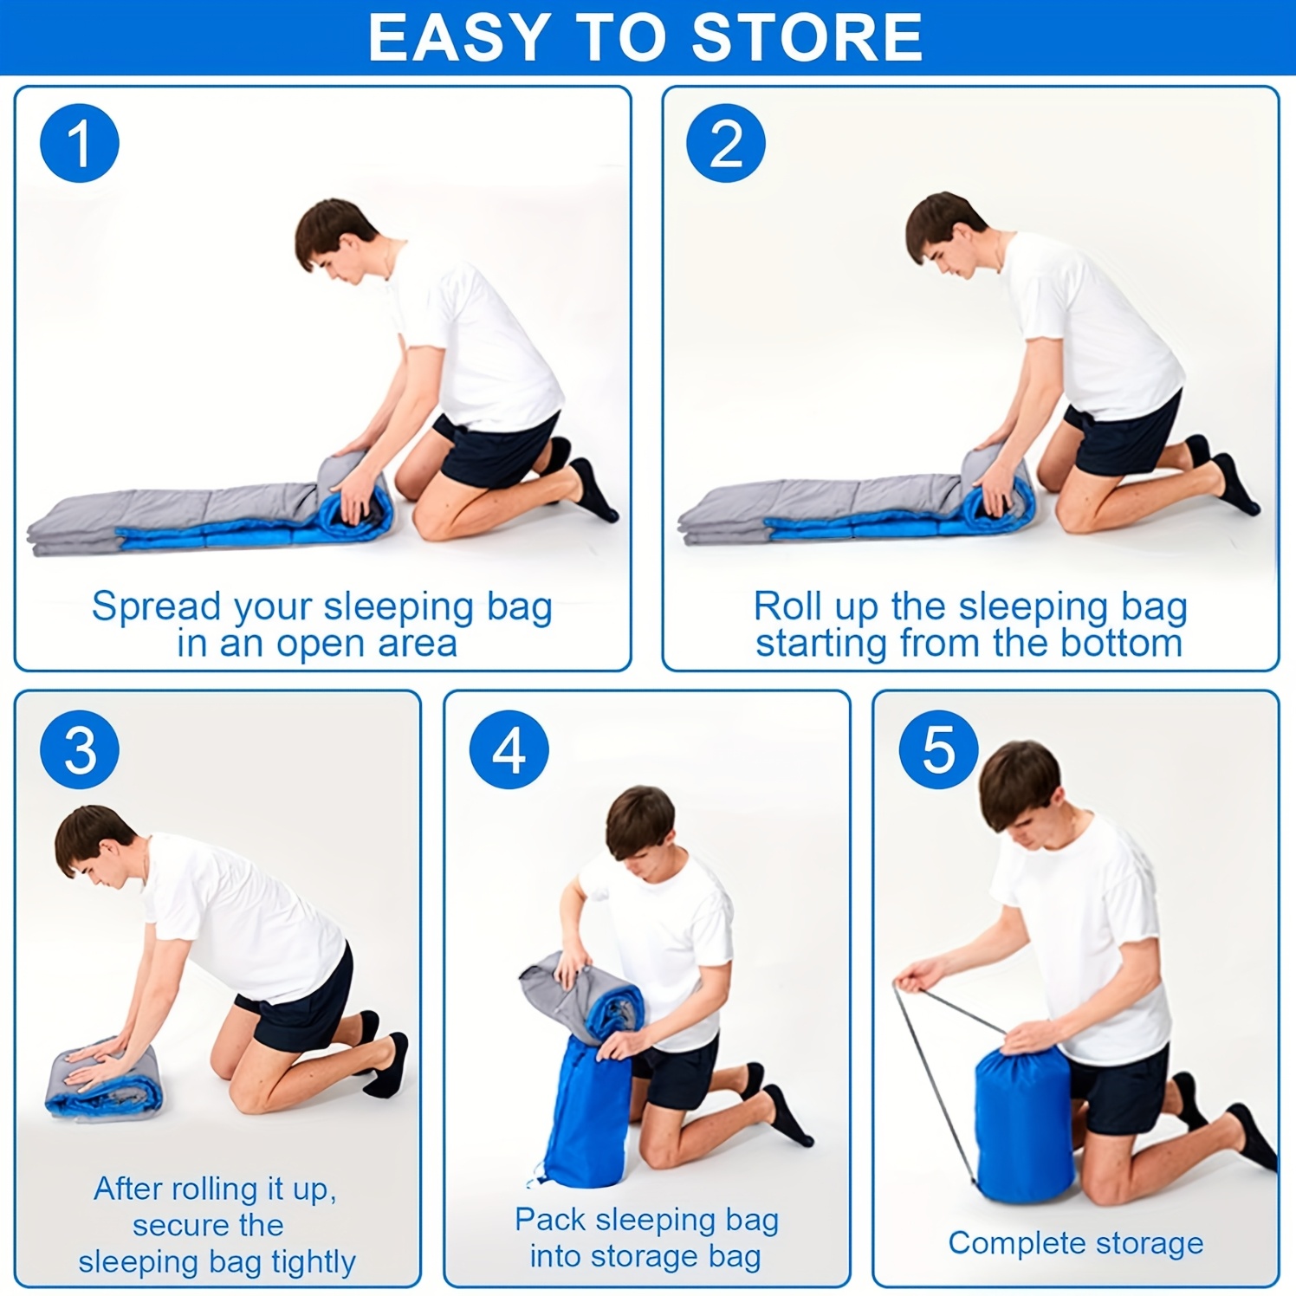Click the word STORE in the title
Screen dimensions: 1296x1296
807,37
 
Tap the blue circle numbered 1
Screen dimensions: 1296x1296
80,143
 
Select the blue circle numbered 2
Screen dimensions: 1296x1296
726,143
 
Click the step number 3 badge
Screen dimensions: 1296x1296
80,749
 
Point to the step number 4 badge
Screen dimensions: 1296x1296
509,749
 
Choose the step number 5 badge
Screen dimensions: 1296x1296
939,749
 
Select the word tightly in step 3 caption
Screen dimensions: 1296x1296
313,1263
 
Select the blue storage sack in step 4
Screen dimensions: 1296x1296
589,1113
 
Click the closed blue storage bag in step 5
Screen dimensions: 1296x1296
1025,1126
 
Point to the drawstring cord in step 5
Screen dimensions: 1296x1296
931,1083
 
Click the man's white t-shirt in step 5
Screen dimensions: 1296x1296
1087,936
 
